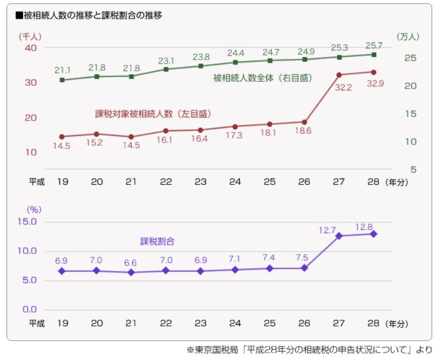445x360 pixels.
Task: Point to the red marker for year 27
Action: [339, 75]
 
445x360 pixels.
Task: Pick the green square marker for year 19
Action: [62, 80]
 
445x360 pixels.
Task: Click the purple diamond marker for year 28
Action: [374, 234]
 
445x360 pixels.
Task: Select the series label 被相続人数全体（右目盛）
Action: [262, 78]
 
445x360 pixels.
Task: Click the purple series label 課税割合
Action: [158, 241]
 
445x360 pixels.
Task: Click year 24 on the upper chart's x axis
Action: [235, 181]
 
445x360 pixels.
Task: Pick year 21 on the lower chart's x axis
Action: [131, 323]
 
